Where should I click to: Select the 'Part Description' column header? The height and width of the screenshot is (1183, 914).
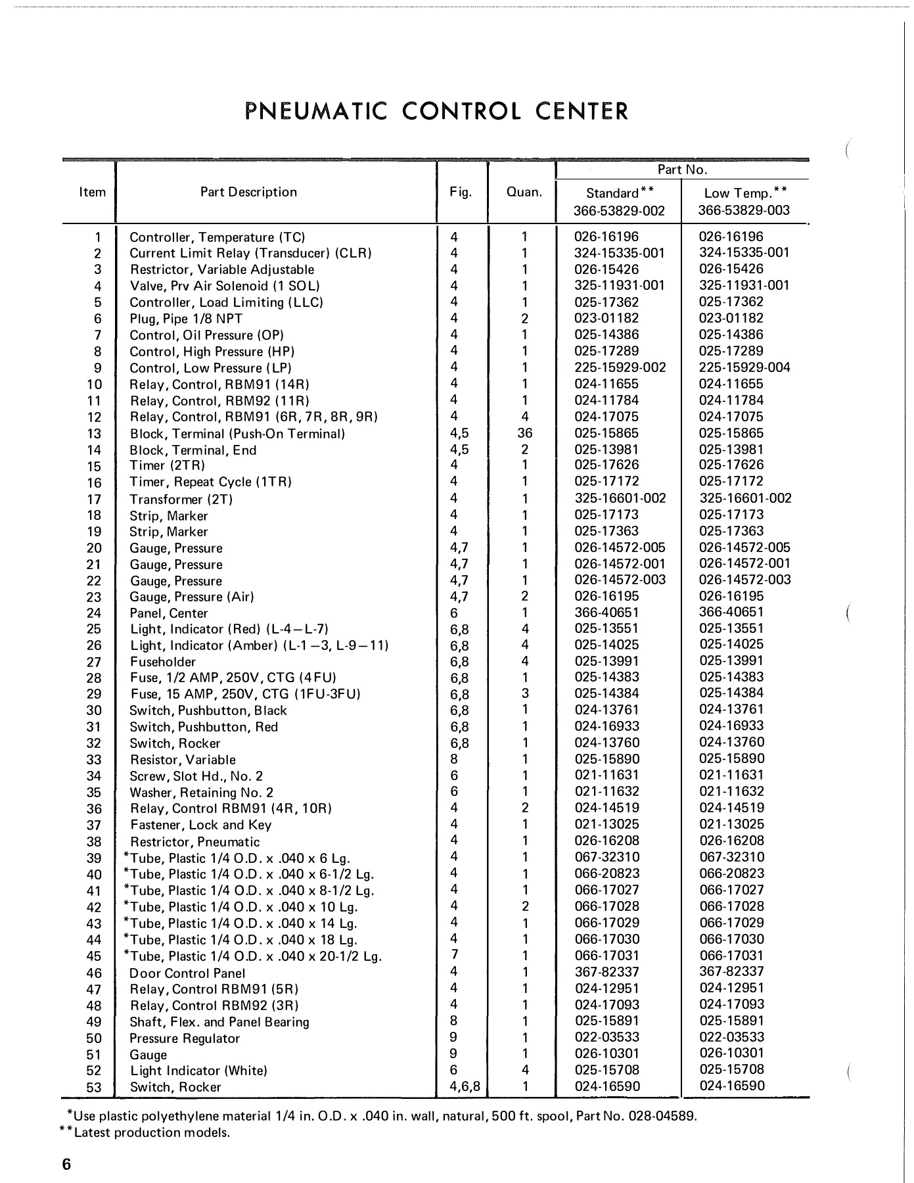pyautogui.click(x=248, y=192)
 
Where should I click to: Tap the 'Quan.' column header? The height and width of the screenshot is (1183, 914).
pyautogui.click(x=524, y=193)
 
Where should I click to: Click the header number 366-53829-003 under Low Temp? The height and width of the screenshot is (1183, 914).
pyautogui.click(x=744, y=210)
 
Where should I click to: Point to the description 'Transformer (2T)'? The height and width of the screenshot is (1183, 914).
pyautogui.click(x=181, y=499)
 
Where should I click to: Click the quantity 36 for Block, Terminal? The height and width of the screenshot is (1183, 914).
pyautogui.click(x=524, y=433)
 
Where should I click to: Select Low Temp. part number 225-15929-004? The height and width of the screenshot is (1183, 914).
pyautogui.click(x=744, y=367)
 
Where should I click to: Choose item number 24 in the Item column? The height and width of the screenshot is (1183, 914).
pyautogui.click(x=94, y=613)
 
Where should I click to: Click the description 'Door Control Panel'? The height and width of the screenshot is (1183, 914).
pyautogui.click(x=187, y=973)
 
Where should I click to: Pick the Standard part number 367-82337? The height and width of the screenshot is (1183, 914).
pyautogui.click(x=606, y=972)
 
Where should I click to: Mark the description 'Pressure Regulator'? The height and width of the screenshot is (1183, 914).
pyautogui.click(x=185, y=1038)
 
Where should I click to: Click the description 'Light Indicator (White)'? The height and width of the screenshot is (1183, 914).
pyautogui.click(x=198, y=1071)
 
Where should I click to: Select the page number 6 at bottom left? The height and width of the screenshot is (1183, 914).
pyautogui.click(x=66, y=1164)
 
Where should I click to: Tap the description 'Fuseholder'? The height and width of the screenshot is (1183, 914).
pyautogui.click(x=162, y=662)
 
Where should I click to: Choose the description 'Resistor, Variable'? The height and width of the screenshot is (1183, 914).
pyautogui.click(x=182, y=760)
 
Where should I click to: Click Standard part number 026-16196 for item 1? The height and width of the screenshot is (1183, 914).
pyautogui.click(x=606, y=237)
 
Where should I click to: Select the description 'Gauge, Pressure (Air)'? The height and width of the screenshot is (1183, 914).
pyautogui.click(x=191, y=597)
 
